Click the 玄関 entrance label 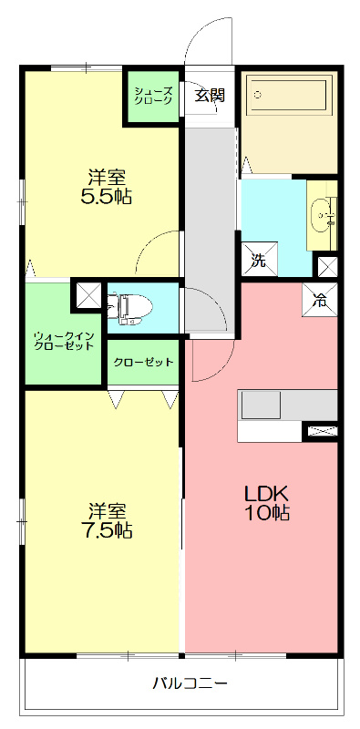[209, 96]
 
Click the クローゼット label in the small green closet [143, 363]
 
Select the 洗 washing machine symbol [258, 259]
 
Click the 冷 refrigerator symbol [319, 297]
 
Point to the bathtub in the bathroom [289, 97]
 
